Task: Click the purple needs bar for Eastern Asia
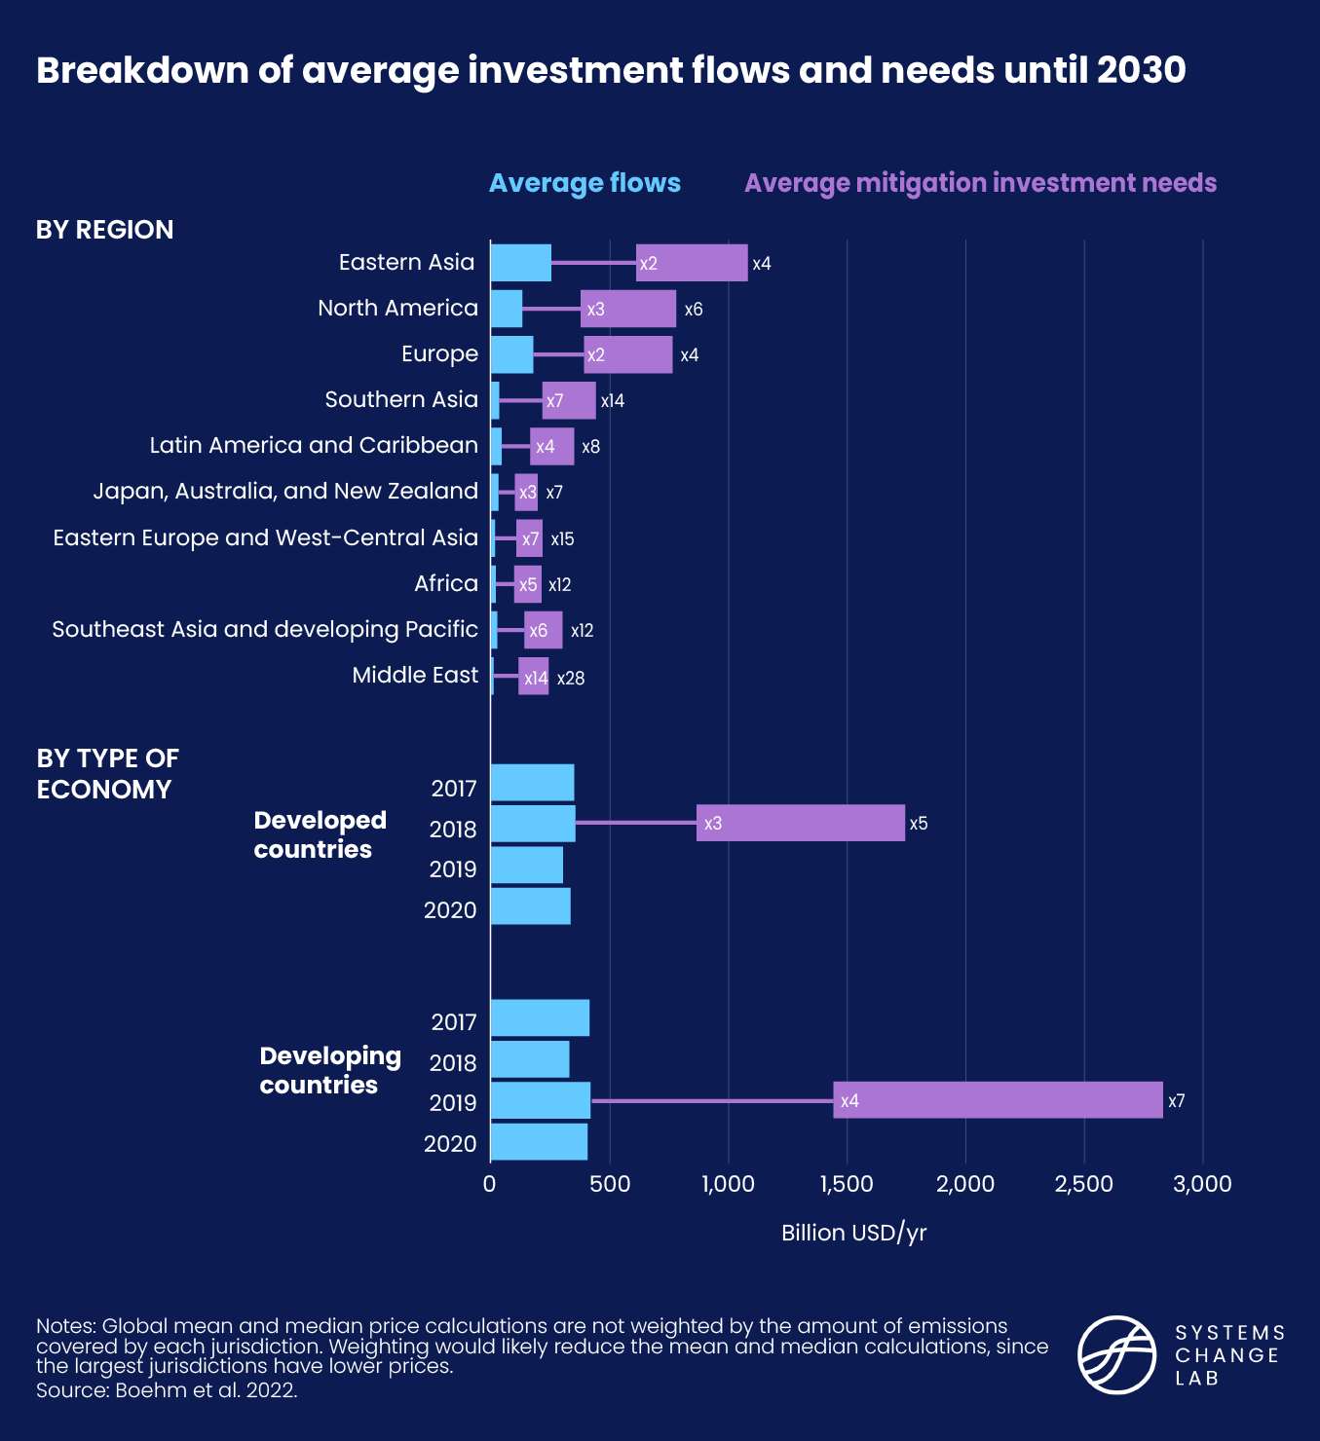pos(692,263)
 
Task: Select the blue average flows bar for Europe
pos(511,354)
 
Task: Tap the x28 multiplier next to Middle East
pos(571,679)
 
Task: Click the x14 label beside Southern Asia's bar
pos(613,401)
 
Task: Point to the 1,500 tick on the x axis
pos(847,1184)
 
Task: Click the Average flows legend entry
pos(585,183)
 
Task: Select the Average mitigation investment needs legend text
pos(980,183)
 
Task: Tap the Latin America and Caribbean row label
pos(314,445)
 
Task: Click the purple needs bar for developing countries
pos(998,1100)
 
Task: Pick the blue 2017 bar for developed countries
pos(532,783)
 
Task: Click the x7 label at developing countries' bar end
pos(1177,1101)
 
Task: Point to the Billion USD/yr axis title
pos(853,1233)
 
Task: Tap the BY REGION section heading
pos(105,230)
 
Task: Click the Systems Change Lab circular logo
pos(1116,1354)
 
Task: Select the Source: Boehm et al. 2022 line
pos(167,1390)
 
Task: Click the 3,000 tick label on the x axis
pos(1202,1184)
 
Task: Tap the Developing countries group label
pos(329,1070)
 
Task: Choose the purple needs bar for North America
pos(628,309)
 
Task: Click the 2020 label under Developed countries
pos(450,910)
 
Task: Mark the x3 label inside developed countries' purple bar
pos(713,824)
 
